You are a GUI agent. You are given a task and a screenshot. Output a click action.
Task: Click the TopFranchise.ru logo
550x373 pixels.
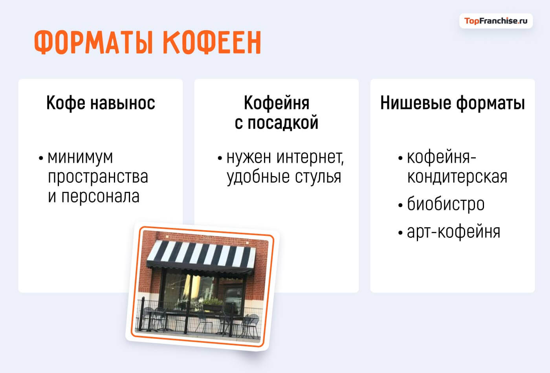click(496, 21)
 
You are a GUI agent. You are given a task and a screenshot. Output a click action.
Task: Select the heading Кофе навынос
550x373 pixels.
click(101, 103)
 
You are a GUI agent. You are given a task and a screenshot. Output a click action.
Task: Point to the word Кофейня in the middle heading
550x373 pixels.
click(277, 103)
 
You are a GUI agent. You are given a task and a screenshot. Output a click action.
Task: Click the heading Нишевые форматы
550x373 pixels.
click(453, 103)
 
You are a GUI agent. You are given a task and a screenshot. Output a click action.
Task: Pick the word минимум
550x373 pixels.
click(80, 157)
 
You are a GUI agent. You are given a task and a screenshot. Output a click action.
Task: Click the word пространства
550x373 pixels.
click(98, 177)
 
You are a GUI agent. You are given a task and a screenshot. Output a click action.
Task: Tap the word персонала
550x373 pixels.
click(100, 197)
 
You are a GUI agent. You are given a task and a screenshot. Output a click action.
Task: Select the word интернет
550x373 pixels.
click(310, 157)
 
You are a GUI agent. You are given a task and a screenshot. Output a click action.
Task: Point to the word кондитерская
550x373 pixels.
click(457, 177)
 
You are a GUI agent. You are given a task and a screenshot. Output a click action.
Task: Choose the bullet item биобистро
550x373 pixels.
click(445, 204)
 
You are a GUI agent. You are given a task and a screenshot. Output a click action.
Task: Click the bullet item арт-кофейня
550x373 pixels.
click(453, 232)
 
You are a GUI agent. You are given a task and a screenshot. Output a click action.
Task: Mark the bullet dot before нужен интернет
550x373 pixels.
click(220, 158)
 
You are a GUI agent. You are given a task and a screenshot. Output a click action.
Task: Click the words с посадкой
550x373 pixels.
click(277, 123)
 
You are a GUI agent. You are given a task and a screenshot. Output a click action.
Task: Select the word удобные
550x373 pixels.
click(255, 177)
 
